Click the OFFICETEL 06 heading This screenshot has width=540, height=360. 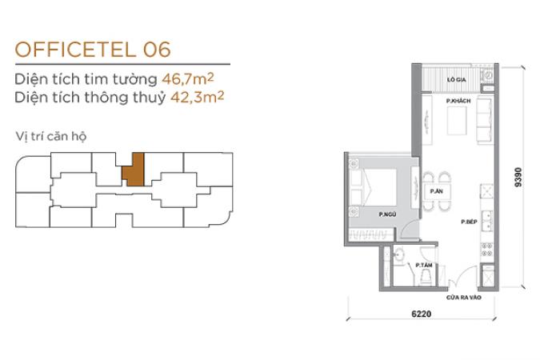pos(93,50)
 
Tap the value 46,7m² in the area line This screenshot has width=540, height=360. pos(188,79)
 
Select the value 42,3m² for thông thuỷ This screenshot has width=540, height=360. pos(198,97)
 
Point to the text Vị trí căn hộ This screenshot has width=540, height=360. pos(51,137)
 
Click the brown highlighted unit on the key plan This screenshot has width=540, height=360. pos(134,170)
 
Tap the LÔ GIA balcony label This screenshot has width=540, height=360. pos(456,79)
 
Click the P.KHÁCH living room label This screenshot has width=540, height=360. pos(458,101)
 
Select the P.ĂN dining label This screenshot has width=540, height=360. pos(436,191)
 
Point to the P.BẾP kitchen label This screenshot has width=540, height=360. pos(469,222)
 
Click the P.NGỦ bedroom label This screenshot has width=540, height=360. pos(387,214)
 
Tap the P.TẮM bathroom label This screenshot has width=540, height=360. pos(424,265)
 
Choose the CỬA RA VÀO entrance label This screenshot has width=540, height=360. pos(463,298)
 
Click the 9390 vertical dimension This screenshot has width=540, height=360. pos(518,177)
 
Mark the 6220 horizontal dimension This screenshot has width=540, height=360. pos(421,314)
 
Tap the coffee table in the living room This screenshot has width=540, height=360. pos(457,121)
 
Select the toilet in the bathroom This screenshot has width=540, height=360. pos(426,277)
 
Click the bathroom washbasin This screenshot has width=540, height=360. pos(399,255)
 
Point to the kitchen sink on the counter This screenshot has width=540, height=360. pos(487,221)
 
